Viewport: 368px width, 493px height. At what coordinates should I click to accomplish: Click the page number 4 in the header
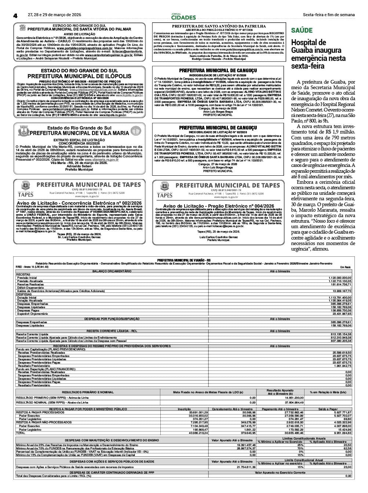tap(15, 15)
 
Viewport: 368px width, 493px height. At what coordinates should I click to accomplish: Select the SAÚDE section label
tap(302, 30)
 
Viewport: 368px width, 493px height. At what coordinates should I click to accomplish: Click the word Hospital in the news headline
tap(303, 43)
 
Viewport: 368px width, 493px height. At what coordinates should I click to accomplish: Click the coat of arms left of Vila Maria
tap(22, 130)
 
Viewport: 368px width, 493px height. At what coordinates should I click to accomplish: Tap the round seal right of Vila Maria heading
tap(136, 130)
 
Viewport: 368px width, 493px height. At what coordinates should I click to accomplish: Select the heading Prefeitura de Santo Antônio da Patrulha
tap(219, 26)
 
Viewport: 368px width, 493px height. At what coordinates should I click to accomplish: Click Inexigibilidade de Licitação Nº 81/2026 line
tap(218, 75)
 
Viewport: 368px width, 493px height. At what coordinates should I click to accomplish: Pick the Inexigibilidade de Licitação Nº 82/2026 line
tap(218, 132)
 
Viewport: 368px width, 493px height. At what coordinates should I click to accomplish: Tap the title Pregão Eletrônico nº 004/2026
tap(218, 206)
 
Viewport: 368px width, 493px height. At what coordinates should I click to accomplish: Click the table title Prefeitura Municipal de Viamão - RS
tap(183, 260)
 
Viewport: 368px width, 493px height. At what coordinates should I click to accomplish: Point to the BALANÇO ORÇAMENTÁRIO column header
tap(112, 271)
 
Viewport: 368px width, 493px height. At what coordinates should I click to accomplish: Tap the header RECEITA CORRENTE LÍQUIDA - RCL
tap(112, 331)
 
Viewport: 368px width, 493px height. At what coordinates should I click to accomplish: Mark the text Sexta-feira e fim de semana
tap(329, 15)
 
